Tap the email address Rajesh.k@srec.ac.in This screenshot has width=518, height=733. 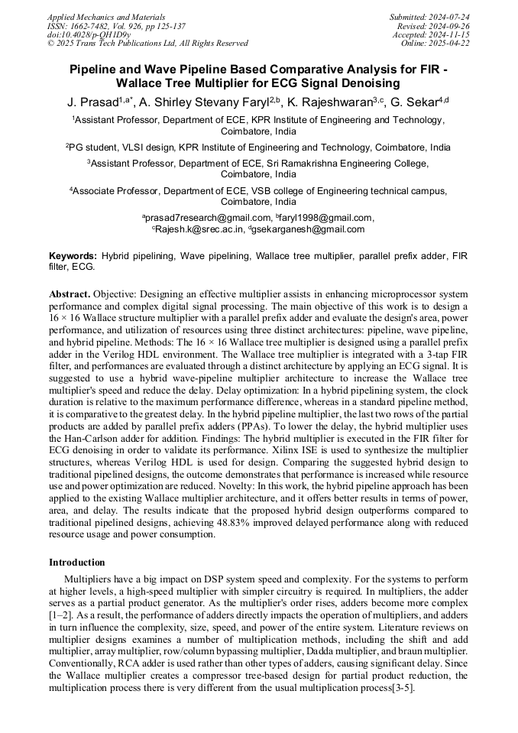(x=199, y=229)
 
